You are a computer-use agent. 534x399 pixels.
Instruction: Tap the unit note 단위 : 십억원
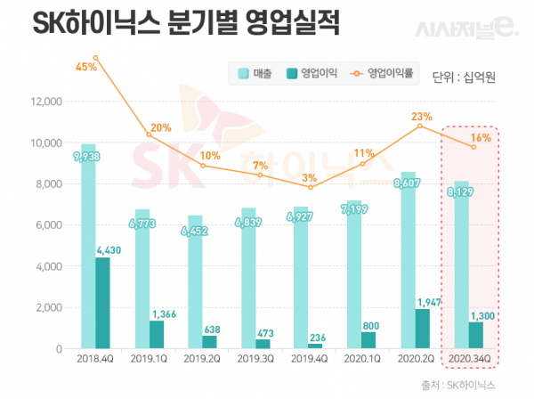pyautogui.click(x=462, y=76)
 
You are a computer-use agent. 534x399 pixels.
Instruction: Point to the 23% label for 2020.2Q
pyautogui.click(x=421, y=117)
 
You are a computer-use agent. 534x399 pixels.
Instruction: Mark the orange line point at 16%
pyautogui.click(x=473, y=147)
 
